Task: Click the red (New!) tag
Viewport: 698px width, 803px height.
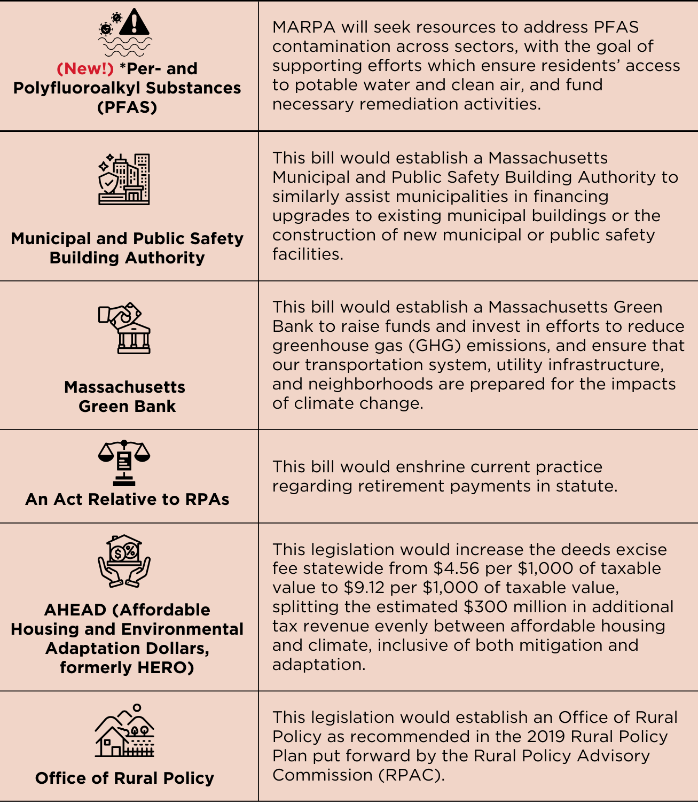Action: click(85, 69)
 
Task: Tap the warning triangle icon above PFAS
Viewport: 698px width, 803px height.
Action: click(134, 22)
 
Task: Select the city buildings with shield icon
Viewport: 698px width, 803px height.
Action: click(124, 180)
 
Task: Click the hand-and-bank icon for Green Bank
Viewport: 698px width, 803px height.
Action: click(124, 328)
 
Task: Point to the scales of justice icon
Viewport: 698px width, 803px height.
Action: click(124, 462)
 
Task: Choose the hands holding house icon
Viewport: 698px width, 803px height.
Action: click(124, 561)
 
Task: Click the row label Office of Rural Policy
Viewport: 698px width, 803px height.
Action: click(124, 778)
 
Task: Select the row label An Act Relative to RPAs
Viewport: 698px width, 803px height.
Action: click(127, 499)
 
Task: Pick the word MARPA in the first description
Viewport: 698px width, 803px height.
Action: click(303, 27)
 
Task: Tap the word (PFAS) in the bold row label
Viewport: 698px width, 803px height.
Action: click(127, 107)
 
